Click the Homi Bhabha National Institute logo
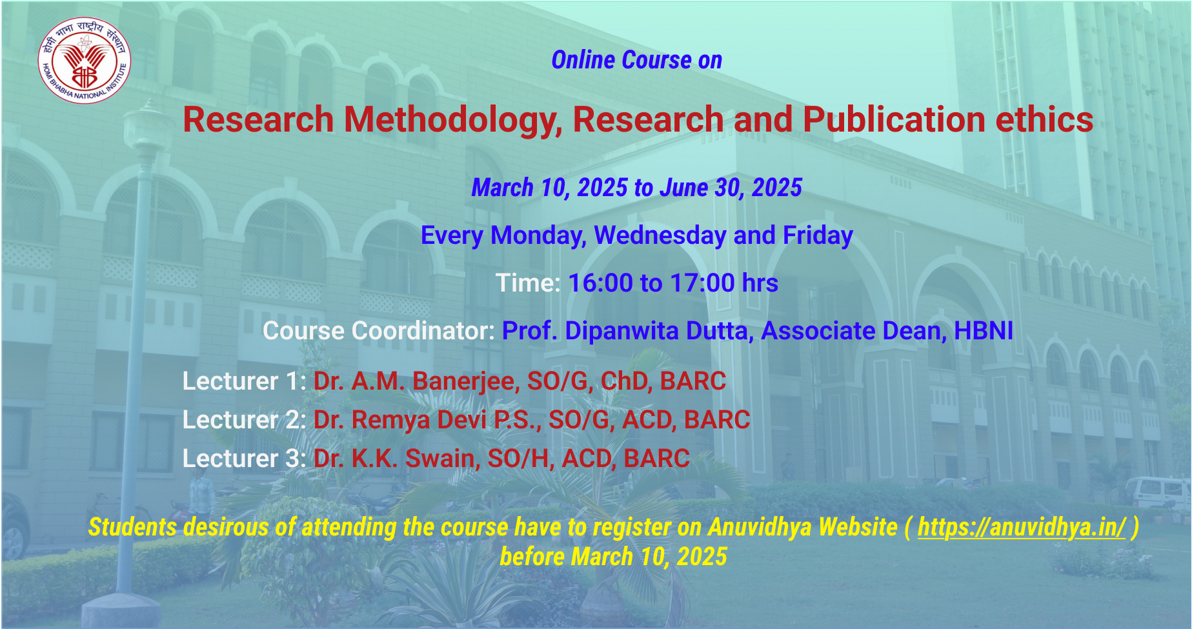click(85, 61)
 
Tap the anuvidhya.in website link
click(1022, 527)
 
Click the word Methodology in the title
click(452, 120)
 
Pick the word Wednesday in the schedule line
click(660, 235)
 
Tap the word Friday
click(818, 235)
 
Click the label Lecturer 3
click(244, 459)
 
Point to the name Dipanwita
click(622, 331)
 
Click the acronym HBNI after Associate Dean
click(984, 331)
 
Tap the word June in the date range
click(684, 188)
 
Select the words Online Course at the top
click(621, 60)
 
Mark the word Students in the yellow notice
click(132, 527)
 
